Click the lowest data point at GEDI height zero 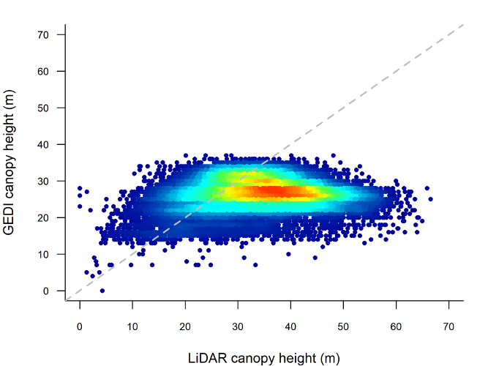coord(102,291)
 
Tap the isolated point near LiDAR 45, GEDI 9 coord(315,258)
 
